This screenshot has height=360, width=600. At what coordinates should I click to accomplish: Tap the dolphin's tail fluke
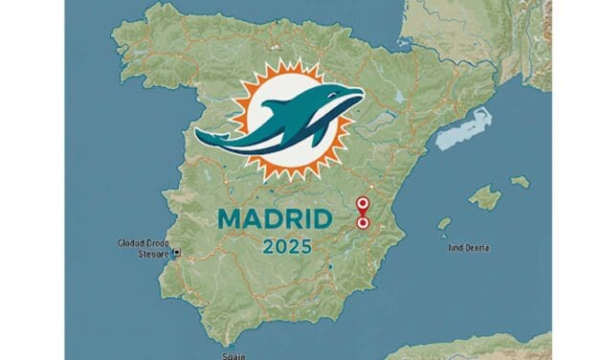pyautogui.click(x=212, y=138)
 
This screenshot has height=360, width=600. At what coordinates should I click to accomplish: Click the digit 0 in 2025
pyautogui.click(x=278, y=246)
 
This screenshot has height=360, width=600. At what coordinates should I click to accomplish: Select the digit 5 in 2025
pyautogui.click(x=303, y=246)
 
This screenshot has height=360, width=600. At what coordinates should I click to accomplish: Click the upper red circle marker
pyautogui.click(x=362, y=203)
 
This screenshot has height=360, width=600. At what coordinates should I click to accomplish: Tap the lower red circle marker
pyautogui.click(x=363, y=222)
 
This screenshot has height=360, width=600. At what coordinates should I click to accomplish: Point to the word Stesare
pyautogui.click(x=148, y=254)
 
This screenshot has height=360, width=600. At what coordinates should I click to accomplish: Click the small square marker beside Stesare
pyautogui.click(x=176, y=254)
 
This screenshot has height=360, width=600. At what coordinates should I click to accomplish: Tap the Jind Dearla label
pyautogui.click(x=468, y=248)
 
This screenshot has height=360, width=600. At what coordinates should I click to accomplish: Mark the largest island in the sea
pyautogui.click(x=485, y=198)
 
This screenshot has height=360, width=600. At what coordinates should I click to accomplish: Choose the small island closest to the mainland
pyautogui.click(x=444, y=223)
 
